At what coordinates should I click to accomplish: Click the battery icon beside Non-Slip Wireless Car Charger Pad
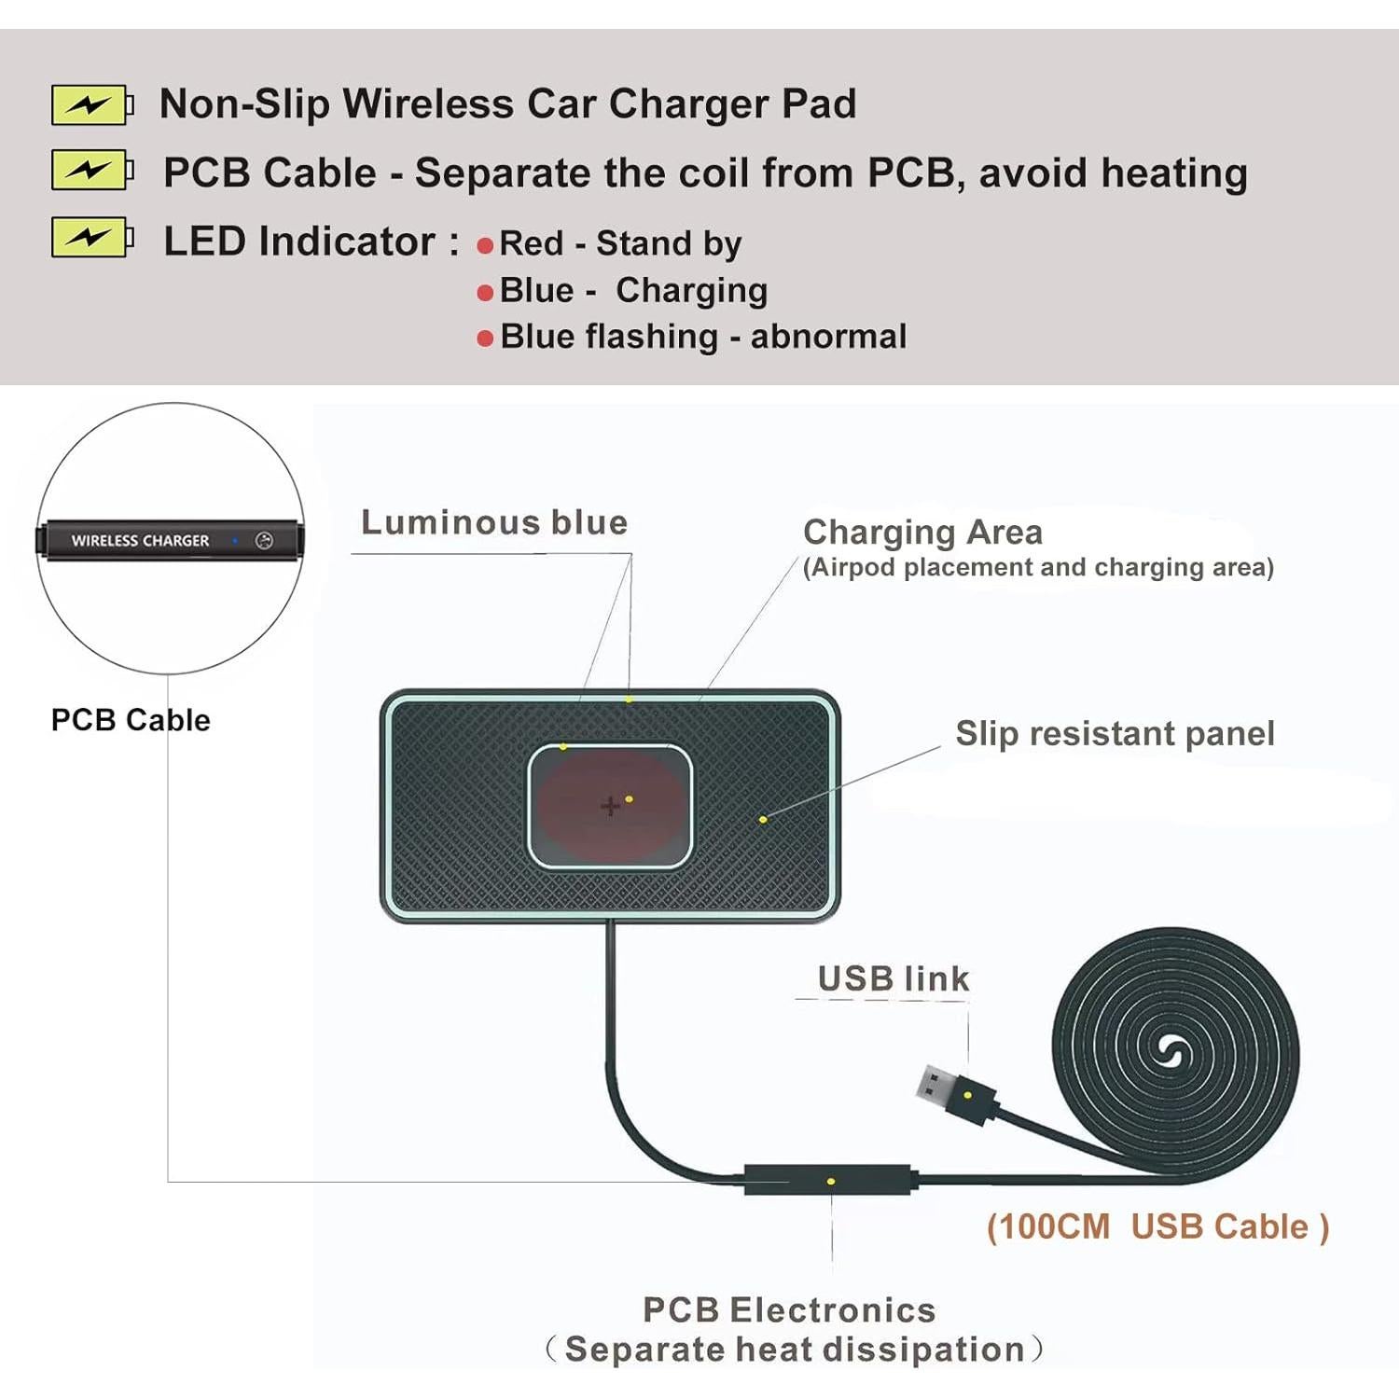(91, 104)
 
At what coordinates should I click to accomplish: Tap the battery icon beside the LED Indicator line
(91, 238)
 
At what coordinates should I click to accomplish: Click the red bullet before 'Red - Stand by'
(485, 246)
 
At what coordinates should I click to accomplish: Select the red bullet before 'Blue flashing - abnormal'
(485, 339)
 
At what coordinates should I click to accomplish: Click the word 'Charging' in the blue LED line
(691, 291)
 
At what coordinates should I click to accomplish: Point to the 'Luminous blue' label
(494, 522)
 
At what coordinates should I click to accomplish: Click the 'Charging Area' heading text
(922, 533)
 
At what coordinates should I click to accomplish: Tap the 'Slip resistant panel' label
(1115, 734)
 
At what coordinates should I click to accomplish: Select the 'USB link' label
(893, 978)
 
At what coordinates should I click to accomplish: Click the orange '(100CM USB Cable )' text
(1157, 1226)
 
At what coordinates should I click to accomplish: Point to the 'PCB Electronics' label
(789, 1309)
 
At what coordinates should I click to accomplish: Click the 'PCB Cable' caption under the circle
(131, 720)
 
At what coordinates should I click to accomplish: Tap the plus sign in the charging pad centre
(610, 806)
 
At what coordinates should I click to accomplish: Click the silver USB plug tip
(932, 1085)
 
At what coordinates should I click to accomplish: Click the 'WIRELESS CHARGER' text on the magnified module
(141, 541)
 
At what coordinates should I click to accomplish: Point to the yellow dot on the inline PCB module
(831, 1182)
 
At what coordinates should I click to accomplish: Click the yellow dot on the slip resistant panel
(763, 819)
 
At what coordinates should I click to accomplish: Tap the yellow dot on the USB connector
(968, 1095)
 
